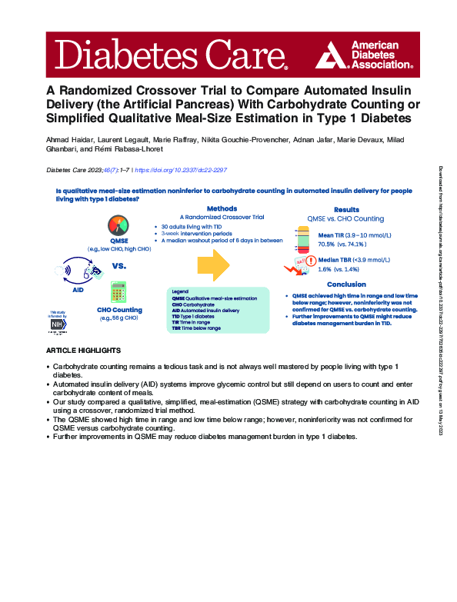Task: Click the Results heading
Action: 346,209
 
